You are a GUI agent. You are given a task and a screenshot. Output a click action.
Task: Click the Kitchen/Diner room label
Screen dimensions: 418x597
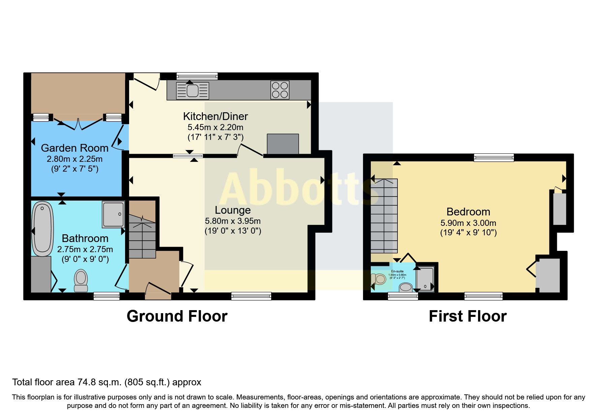[215, 116]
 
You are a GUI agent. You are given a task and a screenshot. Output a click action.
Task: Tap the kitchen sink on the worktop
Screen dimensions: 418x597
[192, 90]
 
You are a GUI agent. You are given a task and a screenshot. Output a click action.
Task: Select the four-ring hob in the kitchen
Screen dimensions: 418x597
[280, 90]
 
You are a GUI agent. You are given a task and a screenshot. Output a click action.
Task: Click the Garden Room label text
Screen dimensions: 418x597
[74, 148]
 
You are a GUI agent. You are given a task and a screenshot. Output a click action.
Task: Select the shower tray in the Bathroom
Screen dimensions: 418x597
[113, 214]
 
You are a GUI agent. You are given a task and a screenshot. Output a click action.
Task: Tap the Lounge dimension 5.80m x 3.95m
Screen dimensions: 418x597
[233, 221]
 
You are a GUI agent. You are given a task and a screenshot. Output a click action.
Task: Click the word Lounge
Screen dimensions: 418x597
[233, 210]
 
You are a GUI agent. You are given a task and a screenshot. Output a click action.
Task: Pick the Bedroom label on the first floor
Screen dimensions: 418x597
[468, 212]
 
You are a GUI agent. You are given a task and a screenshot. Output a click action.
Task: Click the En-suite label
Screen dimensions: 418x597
[397, 271]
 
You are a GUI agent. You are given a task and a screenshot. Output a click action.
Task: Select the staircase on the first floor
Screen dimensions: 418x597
[384, 216]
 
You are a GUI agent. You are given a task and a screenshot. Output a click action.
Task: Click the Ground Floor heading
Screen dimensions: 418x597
[177, 316]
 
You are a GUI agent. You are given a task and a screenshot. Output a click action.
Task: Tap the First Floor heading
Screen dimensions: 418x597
[468, 316]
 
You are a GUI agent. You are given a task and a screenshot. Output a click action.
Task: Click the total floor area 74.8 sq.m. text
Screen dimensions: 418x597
[107, 382]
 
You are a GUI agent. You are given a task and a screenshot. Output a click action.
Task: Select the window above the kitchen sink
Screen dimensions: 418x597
[197, 76]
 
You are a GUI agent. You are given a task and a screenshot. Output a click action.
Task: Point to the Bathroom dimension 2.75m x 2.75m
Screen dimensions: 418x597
[85, 249]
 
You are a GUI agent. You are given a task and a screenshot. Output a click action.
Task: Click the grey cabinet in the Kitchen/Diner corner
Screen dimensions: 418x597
[283, 144]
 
